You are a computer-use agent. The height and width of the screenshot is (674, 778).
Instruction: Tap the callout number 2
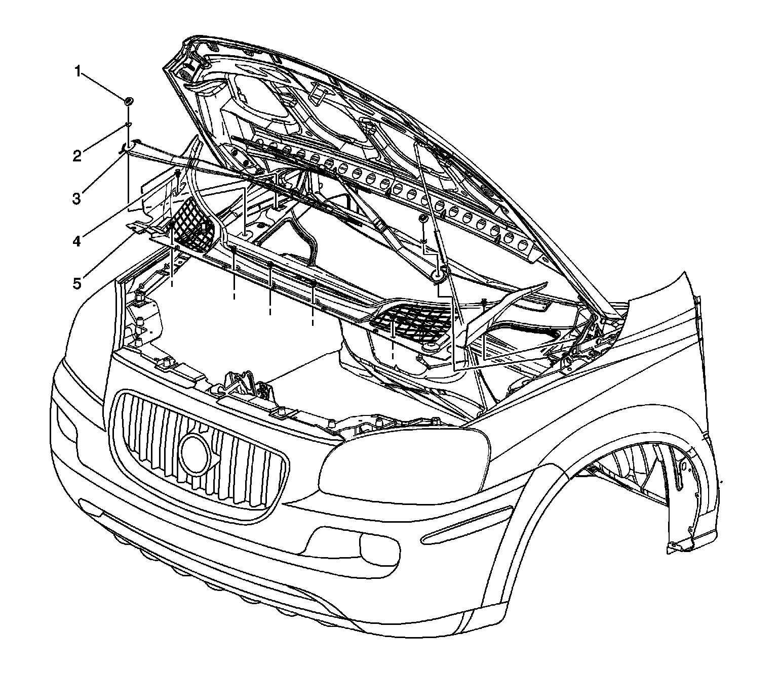click(76, 156)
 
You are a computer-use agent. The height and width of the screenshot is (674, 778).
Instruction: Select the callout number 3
click(76, 198)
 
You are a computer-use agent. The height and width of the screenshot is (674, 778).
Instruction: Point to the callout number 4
click(76, 241)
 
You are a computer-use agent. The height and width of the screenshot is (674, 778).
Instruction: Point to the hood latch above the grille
click(247, 387)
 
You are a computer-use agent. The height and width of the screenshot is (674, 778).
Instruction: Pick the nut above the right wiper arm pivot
click(422, 218)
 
